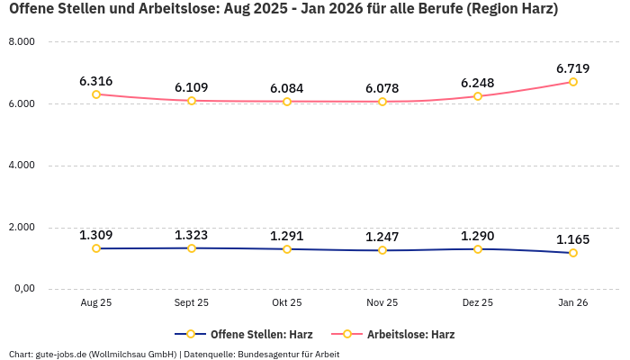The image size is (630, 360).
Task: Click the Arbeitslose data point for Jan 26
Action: point(572,82)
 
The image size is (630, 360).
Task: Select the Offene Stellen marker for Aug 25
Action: point(96,248)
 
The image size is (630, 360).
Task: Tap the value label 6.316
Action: point(96,81)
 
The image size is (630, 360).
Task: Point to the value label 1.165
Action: point(572,239)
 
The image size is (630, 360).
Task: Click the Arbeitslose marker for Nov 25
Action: point(382,102)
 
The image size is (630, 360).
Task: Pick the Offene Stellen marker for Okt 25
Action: point(287,249)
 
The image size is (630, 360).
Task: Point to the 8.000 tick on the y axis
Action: point(21,42)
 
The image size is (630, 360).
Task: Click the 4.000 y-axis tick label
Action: point(21,166)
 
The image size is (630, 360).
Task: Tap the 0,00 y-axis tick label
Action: point(22,288)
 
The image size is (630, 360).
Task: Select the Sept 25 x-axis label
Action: point(191,303)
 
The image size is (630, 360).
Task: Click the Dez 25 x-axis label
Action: point(477,303)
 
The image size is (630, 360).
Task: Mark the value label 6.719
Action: point(572,68)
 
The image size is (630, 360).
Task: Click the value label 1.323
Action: point(191,235)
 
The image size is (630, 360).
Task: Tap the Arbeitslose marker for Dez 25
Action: point(478,96)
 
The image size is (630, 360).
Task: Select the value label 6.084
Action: point(287,88)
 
